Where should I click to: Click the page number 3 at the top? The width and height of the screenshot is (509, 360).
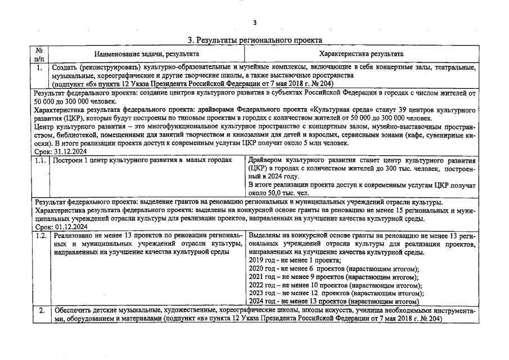click(x=254, y=22)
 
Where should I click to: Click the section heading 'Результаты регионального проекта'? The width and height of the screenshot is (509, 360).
click(x=254, y=40)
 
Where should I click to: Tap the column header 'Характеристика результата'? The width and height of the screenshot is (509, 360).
click(x=361, y=54)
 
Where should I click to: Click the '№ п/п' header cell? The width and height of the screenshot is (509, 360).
click(x=39, y=54)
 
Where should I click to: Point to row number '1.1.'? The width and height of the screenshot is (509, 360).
click(x=40, y=160)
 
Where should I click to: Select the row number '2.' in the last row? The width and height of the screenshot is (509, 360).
click(x=40, y=310)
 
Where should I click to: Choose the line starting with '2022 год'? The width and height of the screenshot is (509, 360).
click(x=335, y=285)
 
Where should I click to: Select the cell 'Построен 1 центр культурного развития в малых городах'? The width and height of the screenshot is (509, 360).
click(x=142, y=160)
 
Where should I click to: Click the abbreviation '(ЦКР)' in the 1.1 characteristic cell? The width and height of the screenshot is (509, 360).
click(x=258, y=168)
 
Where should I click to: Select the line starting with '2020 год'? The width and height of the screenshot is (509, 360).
click(x=333, y=269)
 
